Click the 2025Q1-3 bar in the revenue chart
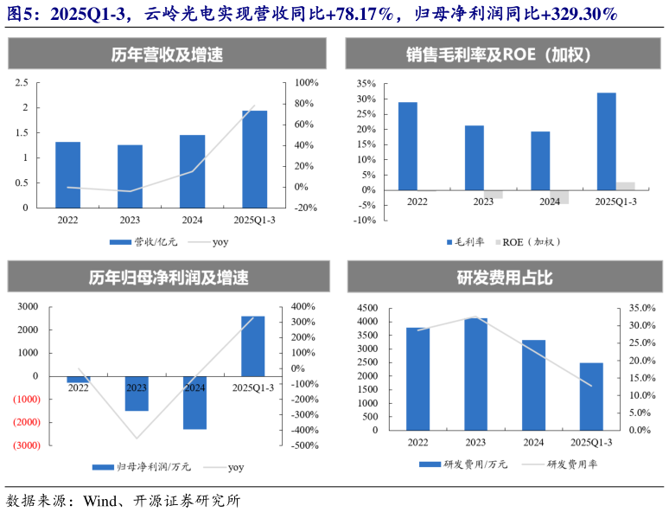(254, 159)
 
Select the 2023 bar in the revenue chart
(130, 176)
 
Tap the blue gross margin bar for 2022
(408, 146)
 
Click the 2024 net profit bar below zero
(194, 402)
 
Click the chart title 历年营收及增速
(167, 54)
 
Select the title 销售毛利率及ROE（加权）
(498, 54)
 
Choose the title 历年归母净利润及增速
(167, 278)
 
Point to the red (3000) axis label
(25, 445)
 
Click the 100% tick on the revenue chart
(306, 83)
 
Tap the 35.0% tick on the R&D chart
(640, 308)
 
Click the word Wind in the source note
(99, 500)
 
